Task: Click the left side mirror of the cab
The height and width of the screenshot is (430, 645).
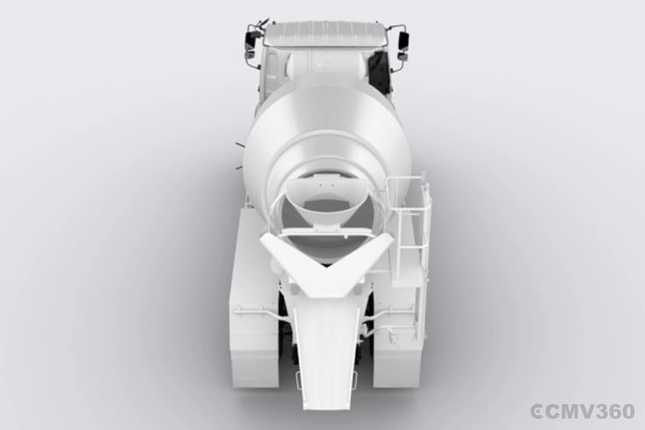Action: (x=250, y=42)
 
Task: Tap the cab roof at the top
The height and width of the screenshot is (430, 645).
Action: (x=324, y=33)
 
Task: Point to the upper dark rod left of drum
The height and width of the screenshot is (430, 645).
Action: (x=239, y=145)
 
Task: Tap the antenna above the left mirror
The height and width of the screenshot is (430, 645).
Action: (x=261, y=24)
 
